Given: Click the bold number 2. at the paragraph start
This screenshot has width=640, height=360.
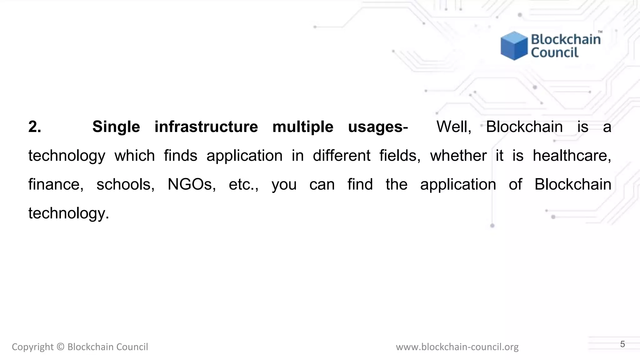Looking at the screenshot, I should [x=35, y=127].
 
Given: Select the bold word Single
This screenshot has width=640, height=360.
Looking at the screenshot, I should [x=116, y=127].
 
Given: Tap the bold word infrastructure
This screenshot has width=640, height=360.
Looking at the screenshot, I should [x=206, y=127].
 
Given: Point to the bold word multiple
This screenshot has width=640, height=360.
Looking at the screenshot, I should [x=303, y=127].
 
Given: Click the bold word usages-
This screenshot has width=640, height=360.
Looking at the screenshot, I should [x=378, y=127].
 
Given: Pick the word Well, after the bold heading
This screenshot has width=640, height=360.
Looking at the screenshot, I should [x=454, y=127].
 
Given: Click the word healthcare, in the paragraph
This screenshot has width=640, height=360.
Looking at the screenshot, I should [x=572, y=156].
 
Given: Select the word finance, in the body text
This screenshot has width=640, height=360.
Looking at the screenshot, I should [x=56, y=184].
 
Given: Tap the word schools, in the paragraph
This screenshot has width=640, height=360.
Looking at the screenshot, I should [x=125, y=184].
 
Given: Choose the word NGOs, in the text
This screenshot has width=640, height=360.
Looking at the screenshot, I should [x=192, y=184].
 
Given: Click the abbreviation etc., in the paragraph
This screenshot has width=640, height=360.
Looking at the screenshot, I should [x=243, y=184].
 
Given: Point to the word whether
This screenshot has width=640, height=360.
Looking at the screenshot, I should [x=458, y=156].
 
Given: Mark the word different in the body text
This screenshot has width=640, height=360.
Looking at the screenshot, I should [x=342, y=156].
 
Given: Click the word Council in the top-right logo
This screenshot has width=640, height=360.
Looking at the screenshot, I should [x=555, y=52].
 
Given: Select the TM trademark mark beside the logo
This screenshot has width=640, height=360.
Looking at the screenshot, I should [x=600, y=32].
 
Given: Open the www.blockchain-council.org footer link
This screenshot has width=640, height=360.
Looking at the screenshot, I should [x=457, y=347].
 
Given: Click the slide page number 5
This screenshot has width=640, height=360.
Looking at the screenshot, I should [x=622, y=344].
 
